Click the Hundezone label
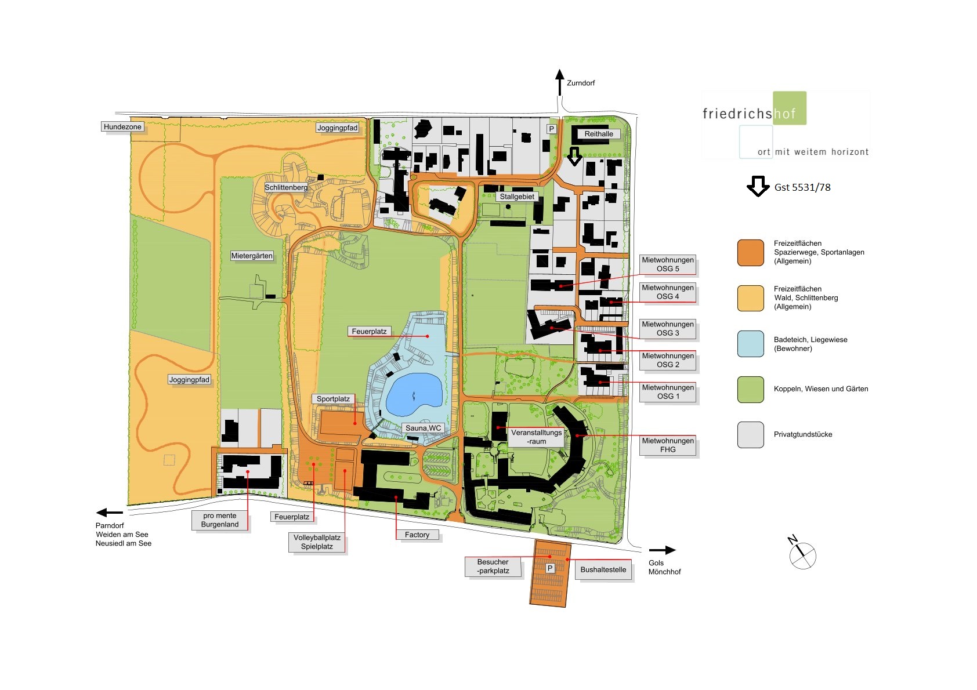point(122,127)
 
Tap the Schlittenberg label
point(286,187)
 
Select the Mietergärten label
point(252,256)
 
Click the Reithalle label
point(599,134)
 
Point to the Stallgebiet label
point(517,197)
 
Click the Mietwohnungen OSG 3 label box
point(668,329)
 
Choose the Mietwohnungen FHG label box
point(668,445)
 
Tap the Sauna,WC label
point(424,428)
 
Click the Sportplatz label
point(333,399)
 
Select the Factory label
point(417,535)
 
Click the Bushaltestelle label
point(603,569)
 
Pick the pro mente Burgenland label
point(220,520)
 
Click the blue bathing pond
point(413,394)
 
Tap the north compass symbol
point(801,553)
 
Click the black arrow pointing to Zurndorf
point(560,82)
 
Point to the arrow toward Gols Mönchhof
point(662,550)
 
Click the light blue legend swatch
point(750,344)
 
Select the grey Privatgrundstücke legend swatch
point(750,435)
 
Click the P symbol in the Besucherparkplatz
point(550,568)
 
